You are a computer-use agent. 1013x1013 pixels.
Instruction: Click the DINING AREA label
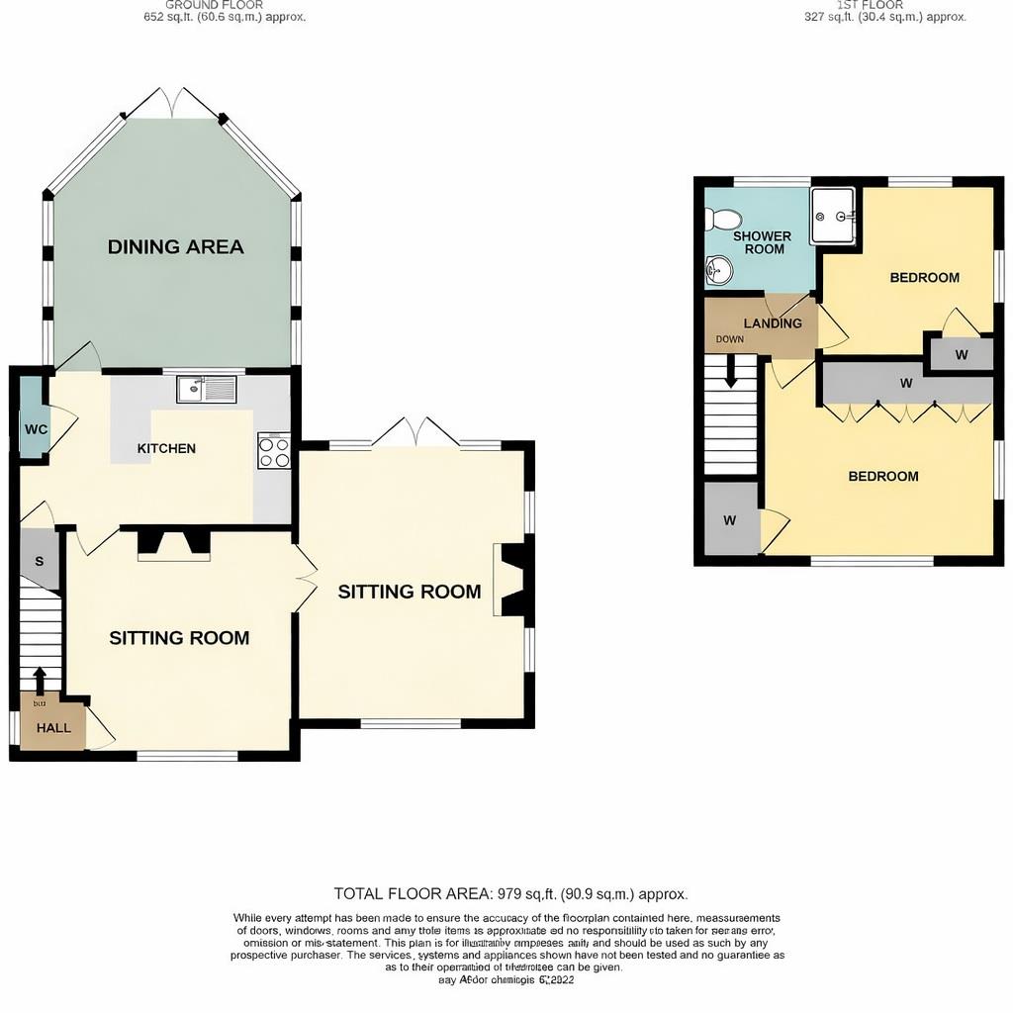coord(175,247)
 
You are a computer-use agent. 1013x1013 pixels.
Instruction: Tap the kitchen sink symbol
coord(206,390)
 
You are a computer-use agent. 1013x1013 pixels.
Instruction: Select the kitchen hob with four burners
coord(274,451)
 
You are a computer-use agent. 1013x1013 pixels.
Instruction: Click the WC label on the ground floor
coord(36,430)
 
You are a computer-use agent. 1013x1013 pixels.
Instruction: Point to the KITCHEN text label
coord(166,449)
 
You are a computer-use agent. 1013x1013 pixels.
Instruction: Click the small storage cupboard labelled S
coord(40,561)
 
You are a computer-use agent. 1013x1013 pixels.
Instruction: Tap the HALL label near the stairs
coord(53,728)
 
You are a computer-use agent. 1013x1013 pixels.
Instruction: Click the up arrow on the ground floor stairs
coord(40,681)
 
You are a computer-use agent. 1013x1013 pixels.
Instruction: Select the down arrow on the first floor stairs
coord(731,372)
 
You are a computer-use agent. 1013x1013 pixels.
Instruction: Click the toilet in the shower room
coord(724,219)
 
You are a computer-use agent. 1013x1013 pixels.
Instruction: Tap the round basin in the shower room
coord(719,268)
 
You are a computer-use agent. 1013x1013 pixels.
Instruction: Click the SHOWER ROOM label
coord(762,242)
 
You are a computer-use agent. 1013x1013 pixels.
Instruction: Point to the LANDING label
coord(773,323)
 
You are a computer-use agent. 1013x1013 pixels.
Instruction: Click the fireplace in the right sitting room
coord(512,580)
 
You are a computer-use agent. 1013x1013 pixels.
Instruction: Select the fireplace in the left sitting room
coord(172,542)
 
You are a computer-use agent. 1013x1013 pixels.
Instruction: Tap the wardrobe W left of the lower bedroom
coord(730,520)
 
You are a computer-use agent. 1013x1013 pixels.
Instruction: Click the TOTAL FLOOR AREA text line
coord(510,893)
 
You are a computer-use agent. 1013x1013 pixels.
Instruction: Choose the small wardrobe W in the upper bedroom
coord(961,354)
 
